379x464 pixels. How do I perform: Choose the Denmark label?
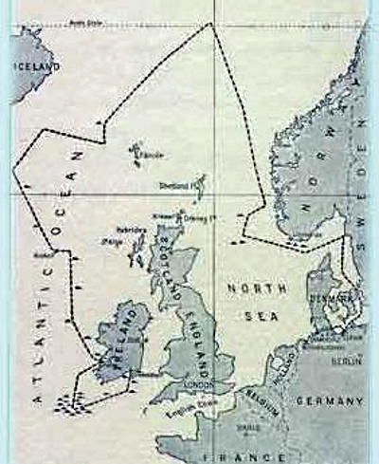point(331,298)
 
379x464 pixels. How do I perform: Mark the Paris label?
point(247,425)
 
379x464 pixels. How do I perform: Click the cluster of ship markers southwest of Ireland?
point(72,406)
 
